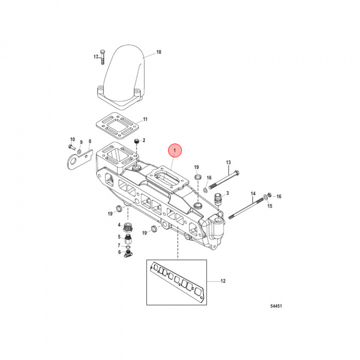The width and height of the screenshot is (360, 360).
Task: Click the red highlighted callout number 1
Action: [174, 150]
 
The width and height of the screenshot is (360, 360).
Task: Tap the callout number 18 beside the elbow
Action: [158, 52]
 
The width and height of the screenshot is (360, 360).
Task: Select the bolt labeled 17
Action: [102, 57]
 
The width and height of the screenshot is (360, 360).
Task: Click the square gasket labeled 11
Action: [117, 126]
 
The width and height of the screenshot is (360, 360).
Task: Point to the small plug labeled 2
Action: [137, 141]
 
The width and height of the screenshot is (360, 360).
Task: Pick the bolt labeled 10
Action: [72, 146]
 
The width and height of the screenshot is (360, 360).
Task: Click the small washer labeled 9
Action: [79, 151]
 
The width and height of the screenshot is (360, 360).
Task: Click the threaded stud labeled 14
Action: [246, 208]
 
